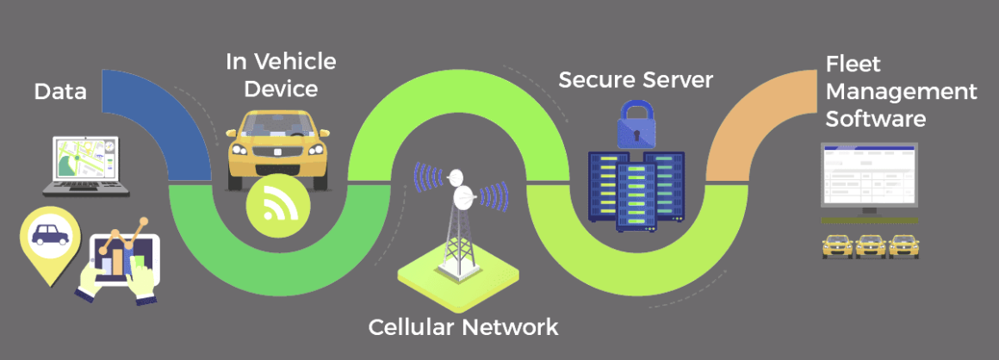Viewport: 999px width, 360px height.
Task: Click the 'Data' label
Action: click(x=60, y=91)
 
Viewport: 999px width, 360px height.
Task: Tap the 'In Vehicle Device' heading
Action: click(x=281, y=75)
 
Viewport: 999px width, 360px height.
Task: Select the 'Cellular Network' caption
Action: click(x=463, y=327)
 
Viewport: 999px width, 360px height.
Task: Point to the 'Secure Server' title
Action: click(x=636, y=80)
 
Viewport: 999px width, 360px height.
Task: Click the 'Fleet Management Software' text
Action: click(x=900, y=91)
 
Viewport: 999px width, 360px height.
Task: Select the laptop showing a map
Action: click(x=86, y=164)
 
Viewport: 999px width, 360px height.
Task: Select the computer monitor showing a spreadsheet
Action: click(x=868, y=176)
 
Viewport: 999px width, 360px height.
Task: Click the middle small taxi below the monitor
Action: click(x=870, y=245)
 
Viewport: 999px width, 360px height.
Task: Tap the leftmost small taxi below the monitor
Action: click(x=837, y=245)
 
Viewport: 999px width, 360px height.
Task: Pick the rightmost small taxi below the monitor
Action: click(x=903, y=245)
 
